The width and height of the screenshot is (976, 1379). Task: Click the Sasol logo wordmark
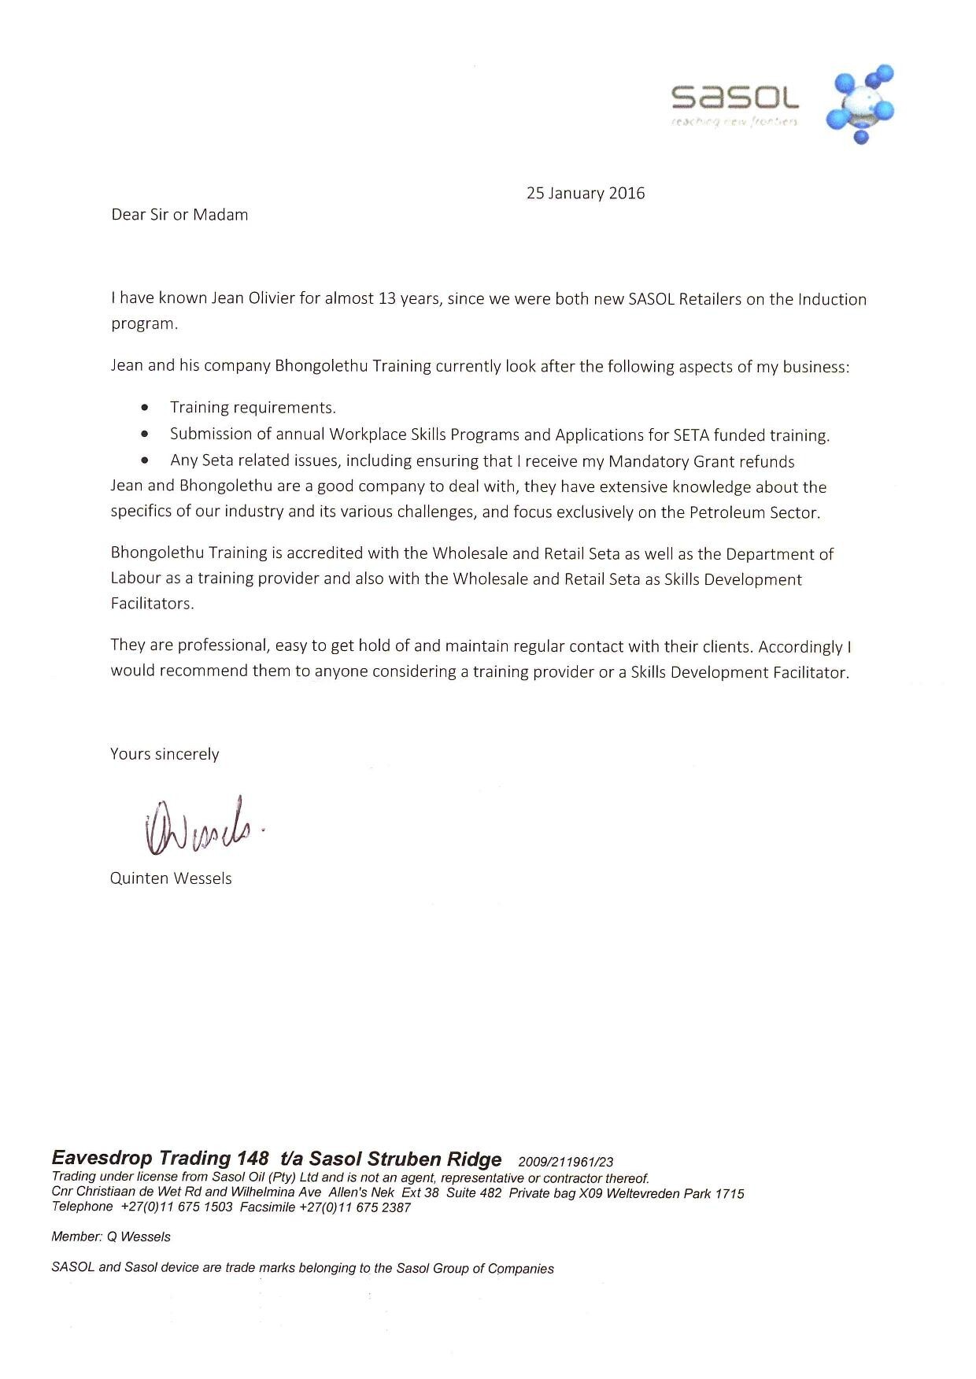(734, 98)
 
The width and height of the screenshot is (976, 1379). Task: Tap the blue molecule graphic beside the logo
(860, 103)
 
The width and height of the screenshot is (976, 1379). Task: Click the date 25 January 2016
(585, 193)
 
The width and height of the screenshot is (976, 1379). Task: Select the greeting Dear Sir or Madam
(179, 215)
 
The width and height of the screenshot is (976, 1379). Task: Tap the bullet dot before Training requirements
(144, 407)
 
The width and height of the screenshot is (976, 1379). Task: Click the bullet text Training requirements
(253, 408)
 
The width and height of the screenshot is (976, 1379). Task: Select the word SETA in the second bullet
(691, 434)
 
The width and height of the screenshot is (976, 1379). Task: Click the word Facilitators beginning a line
(151, 604)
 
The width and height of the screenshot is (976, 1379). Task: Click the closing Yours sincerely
(165, 754)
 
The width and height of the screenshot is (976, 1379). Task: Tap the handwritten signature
(201, 826)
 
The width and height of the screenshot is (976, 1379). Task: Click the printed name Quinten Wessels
(171, 878)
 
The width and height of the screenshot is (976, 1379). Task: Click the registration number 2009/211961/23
(566, 1162)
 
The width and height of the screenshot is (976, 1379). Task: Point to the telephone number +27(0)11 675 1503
(176, 1207)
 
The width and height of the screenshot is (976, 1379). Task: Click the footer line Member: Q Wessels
(111, 1237)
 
